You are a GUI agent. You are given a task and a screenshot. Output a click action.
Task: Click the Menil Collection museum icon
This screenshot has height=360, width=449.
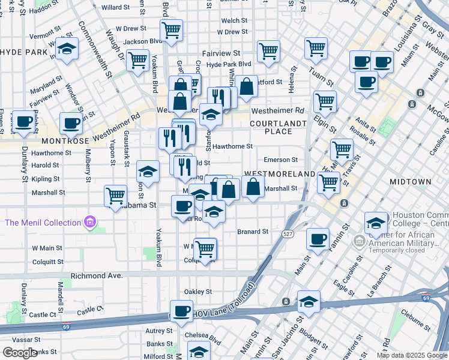pyautogui.click(x=90, y=223)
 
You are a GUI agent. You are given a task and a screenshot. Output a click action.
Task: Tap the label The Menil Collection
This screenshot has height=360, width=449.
pyautogui.click(x=43, y=223)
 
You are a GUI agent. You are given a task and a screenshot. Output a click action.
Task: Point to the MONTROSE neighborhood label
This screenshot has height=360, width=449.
pyautogui.click(x=65, y=140)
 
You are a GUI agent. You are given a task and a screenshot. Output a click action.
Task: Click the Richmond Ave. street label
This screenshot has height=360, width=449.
pyautogui.click(x=96, y=275)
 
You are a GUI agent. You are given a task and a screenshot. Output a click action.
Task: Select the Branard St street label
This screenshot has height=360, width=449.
pyautogui.click(x=252, y=231)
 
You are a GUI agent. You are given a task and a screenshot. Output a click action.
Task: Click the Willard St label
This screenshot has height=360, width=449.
pyautogui.click(x=115, y=8)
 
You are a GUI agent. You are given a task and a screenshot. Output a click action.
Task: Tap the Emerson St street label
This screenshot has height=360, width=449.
pyautogui.click(x=281, y=160)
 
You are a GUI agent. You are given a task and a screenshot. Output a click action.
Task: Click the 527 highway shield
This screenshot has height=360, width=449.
pyautogui.click(x=289, y=233)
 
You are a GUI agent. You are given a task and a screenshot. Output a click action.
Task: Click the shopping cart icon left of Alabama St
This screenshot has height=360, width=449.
pyautogui.click(x=115, y=196)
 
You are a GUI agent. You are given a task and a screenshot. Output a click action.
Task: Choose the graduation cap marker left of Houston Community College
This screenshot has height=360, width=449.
pyautogui.click(x=376, y=223)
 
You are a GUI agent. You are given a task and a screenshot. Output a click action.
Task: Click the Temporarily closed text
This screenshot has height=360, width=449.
pyautogui.click(x=401, y=253)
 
